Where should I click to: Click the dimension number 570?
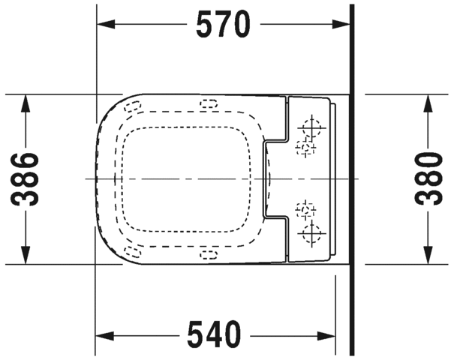(223, 25)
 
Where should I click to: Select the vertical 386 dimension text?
(27, 179)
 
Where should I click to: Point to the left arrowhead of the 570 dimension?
(105, 25)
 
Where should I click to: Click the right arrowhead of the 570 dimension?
(342, 25)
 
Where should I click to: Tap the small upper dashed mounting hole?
(305, 148)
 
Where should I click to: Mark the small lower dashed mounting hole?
(305, 211)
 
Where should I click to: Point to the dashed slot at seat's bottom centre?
(206, 254)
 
